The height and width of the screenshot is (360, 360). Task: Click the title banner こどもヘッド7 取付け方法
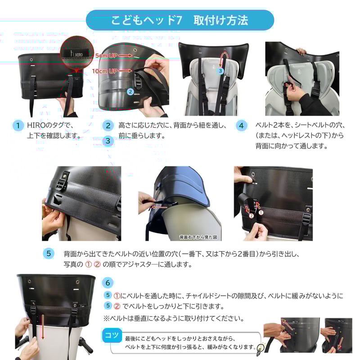click(180, 20)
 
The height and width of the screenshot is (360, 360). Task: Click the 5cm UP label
click(107, 55)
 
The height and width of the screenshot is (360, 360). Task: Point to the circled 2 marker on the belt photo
click(130, 91)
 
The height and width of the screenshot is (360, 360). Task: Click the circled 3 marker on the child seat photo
click(220, 71)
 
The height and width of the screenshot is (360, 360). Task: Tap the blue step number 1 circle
click(18, 126)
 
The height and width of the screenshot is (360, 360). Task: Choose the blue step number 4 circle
click(241, 126)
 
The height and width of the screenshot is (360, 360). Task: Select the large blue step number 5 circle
click(49, 253)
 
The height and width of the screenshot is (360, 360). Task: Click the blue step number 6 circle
click(108, 283)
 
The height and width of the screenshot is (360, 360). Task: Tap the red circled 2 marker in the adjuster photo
click(252, 216)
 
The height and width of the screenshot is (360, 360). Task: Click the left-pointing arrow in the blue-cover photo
click(157, 207)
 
